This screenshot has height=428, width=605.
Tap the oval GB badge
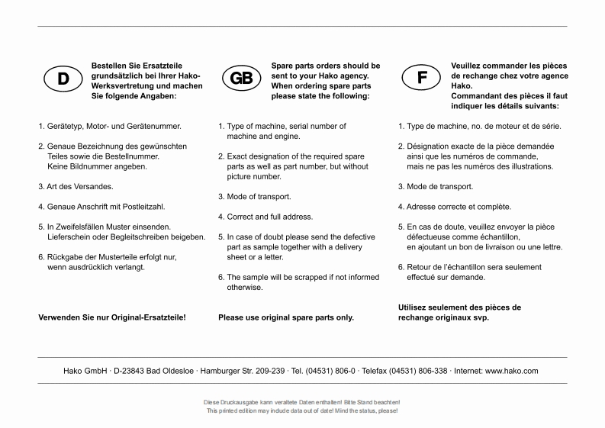(243, 79)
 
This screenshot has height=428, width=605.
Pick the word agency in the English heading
(353, 76)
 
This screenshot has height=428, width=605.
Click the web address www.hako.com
(512, 371)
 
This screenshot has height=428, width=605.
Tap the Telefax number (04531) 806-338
(413, 371)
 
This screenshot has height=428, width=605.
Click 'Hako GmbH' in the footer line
(85, 371)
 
